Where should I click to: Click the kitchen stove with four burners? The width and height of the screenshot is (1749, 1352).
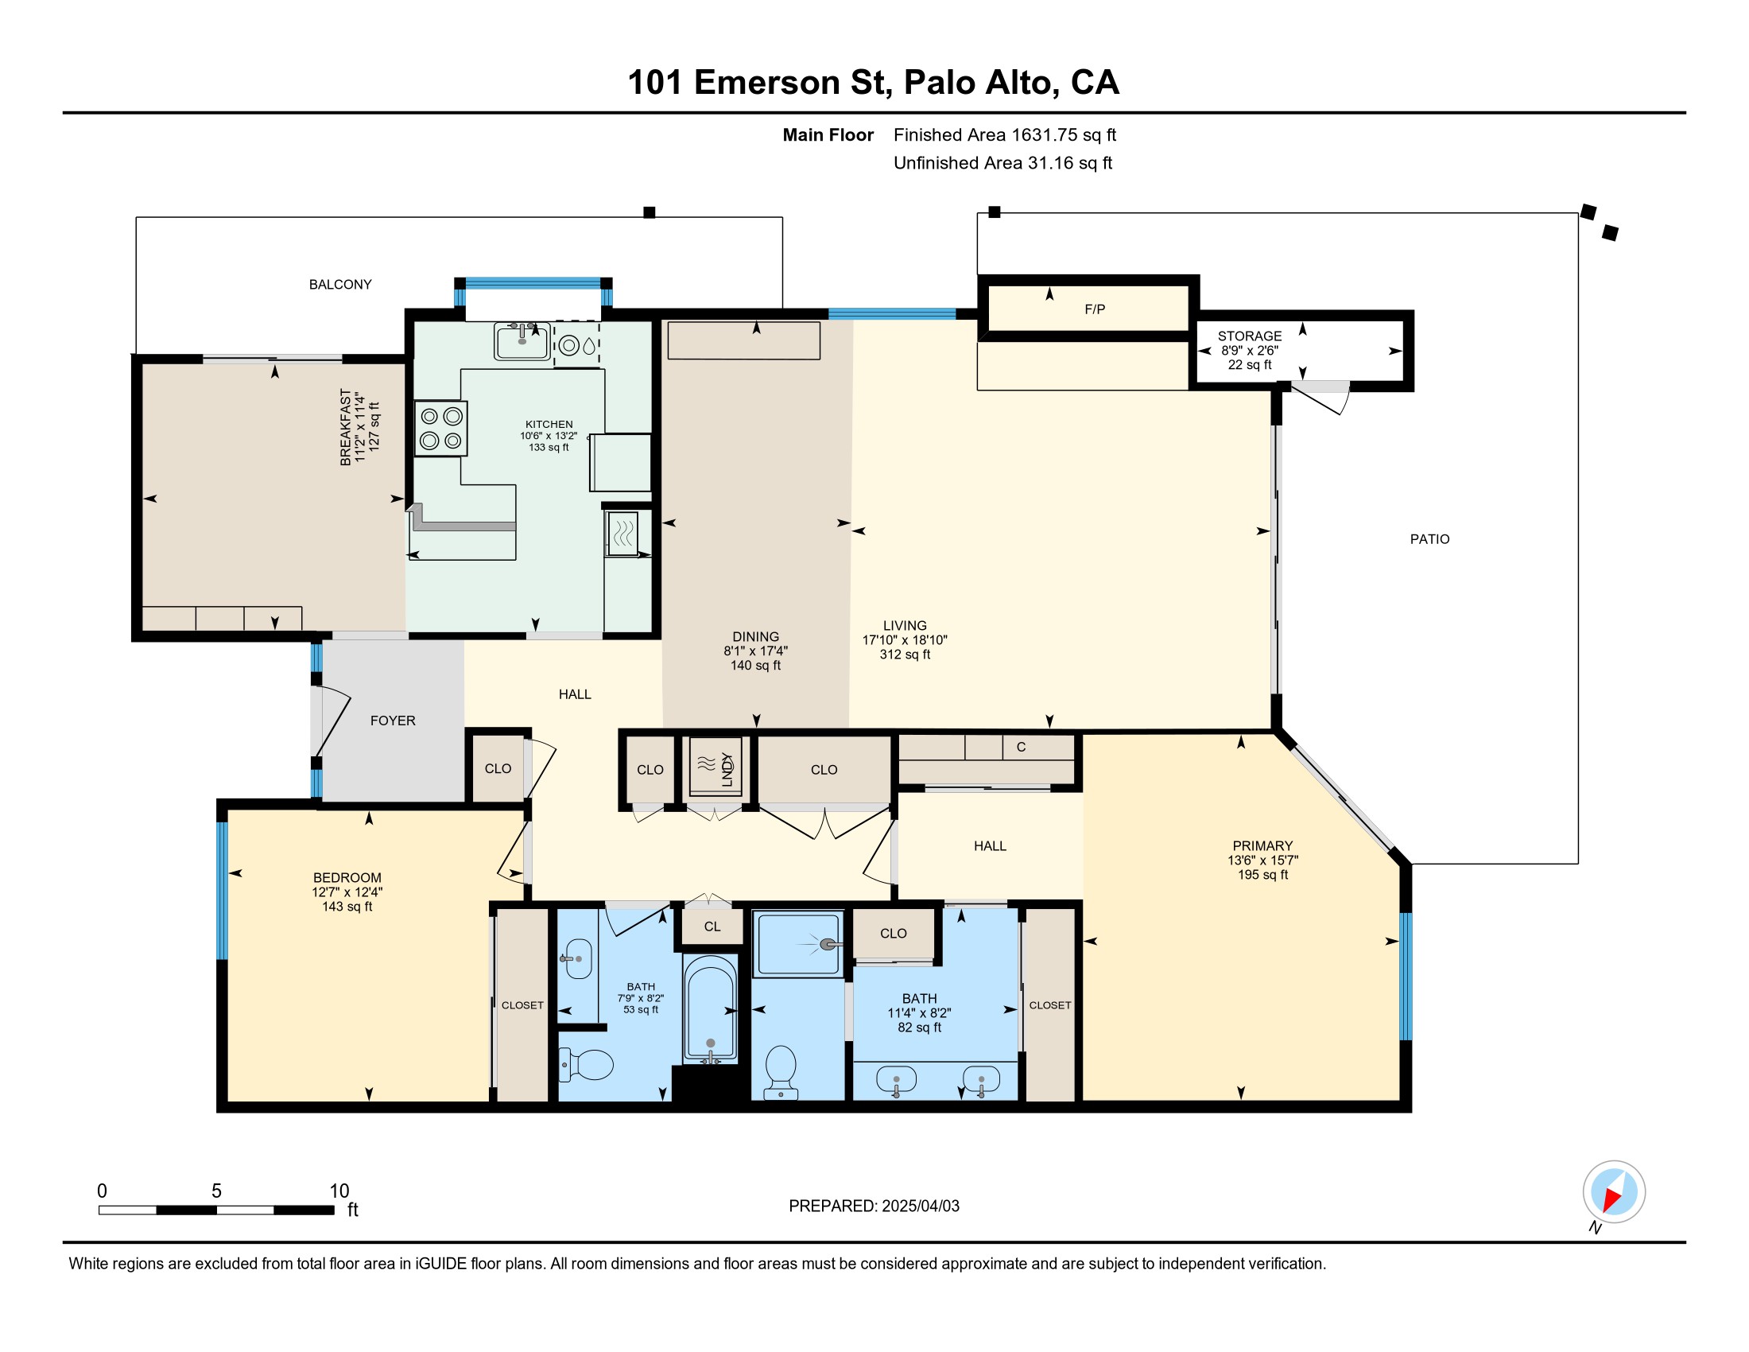pos(440,429)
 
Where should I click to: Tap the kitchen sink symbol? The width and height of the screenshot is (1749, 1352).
pos(522,342)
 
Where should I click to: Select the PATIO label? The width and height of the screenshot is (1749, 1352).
pos(1429,539)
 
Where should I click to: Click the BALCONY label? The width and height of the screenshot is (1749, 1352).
pos(340,285)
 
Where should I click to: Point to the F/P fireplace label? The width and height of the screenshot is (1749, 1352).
pos(1095,309)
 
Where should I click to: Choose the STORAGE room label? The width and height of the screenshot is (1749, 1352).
pos(1249,336)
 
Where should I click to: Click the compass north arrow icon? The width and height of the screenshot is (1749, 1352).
pos(1614,1192)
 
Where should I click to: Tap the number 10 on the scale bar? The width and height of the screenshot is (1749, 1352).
pos(339,1191)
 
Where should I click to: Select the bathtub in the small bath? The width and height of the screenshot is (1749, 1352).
pos(709,1009)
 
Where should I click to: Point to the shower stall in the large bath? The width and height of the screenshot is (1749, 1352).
pos(798,943)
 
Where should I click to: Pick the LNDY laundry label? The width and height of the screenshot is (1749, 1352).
pos(727,769)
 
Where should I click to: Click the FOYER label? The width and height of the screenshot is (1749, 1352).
pos(393,721)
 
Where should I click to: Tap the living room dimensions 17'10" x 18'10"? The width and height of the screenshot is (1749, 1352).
pos(904,640)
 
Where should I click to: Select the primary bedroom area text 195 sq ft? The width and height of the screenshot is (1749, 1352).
pos(1262,875)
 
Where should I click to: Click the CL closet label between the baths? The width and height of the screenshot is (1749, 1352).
pos(712,927)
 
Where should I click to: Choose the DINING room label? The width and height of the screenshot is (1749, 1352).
pos(755,637)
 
